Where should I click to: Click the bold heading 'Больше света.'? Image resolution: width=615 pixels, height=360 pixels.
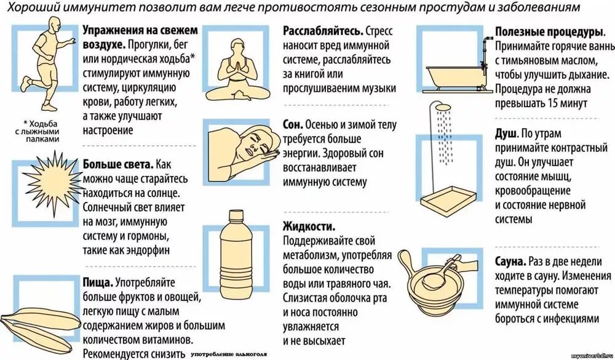[117, 165]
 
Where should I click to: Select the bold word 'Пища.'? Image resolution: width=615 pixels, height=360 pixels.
[97, 282]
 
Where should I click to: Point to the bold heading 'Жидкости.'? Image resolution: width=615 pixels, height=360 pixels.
[309, 226]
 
